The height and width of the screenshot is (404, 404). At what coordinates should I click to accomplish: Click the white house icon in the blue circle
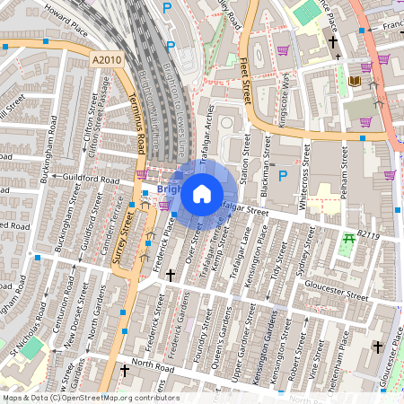pyautogui.click(x=202, y=193)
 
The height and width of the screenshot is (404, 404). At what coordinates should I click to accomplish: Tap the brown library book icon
pyautogui.click(x=354, y=82)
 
